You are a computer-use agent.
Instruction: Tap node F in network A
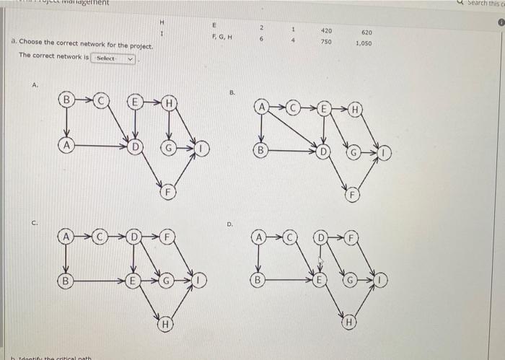click(166, 193)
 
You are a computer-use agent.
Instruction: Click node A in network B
click(261, 107)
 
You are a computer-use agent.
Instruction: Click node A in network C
click(66, 237)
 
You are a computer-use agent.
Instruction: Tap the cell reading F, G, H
click(222, 38)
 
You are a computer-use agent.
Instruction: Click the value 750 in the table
click(326, 43)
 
